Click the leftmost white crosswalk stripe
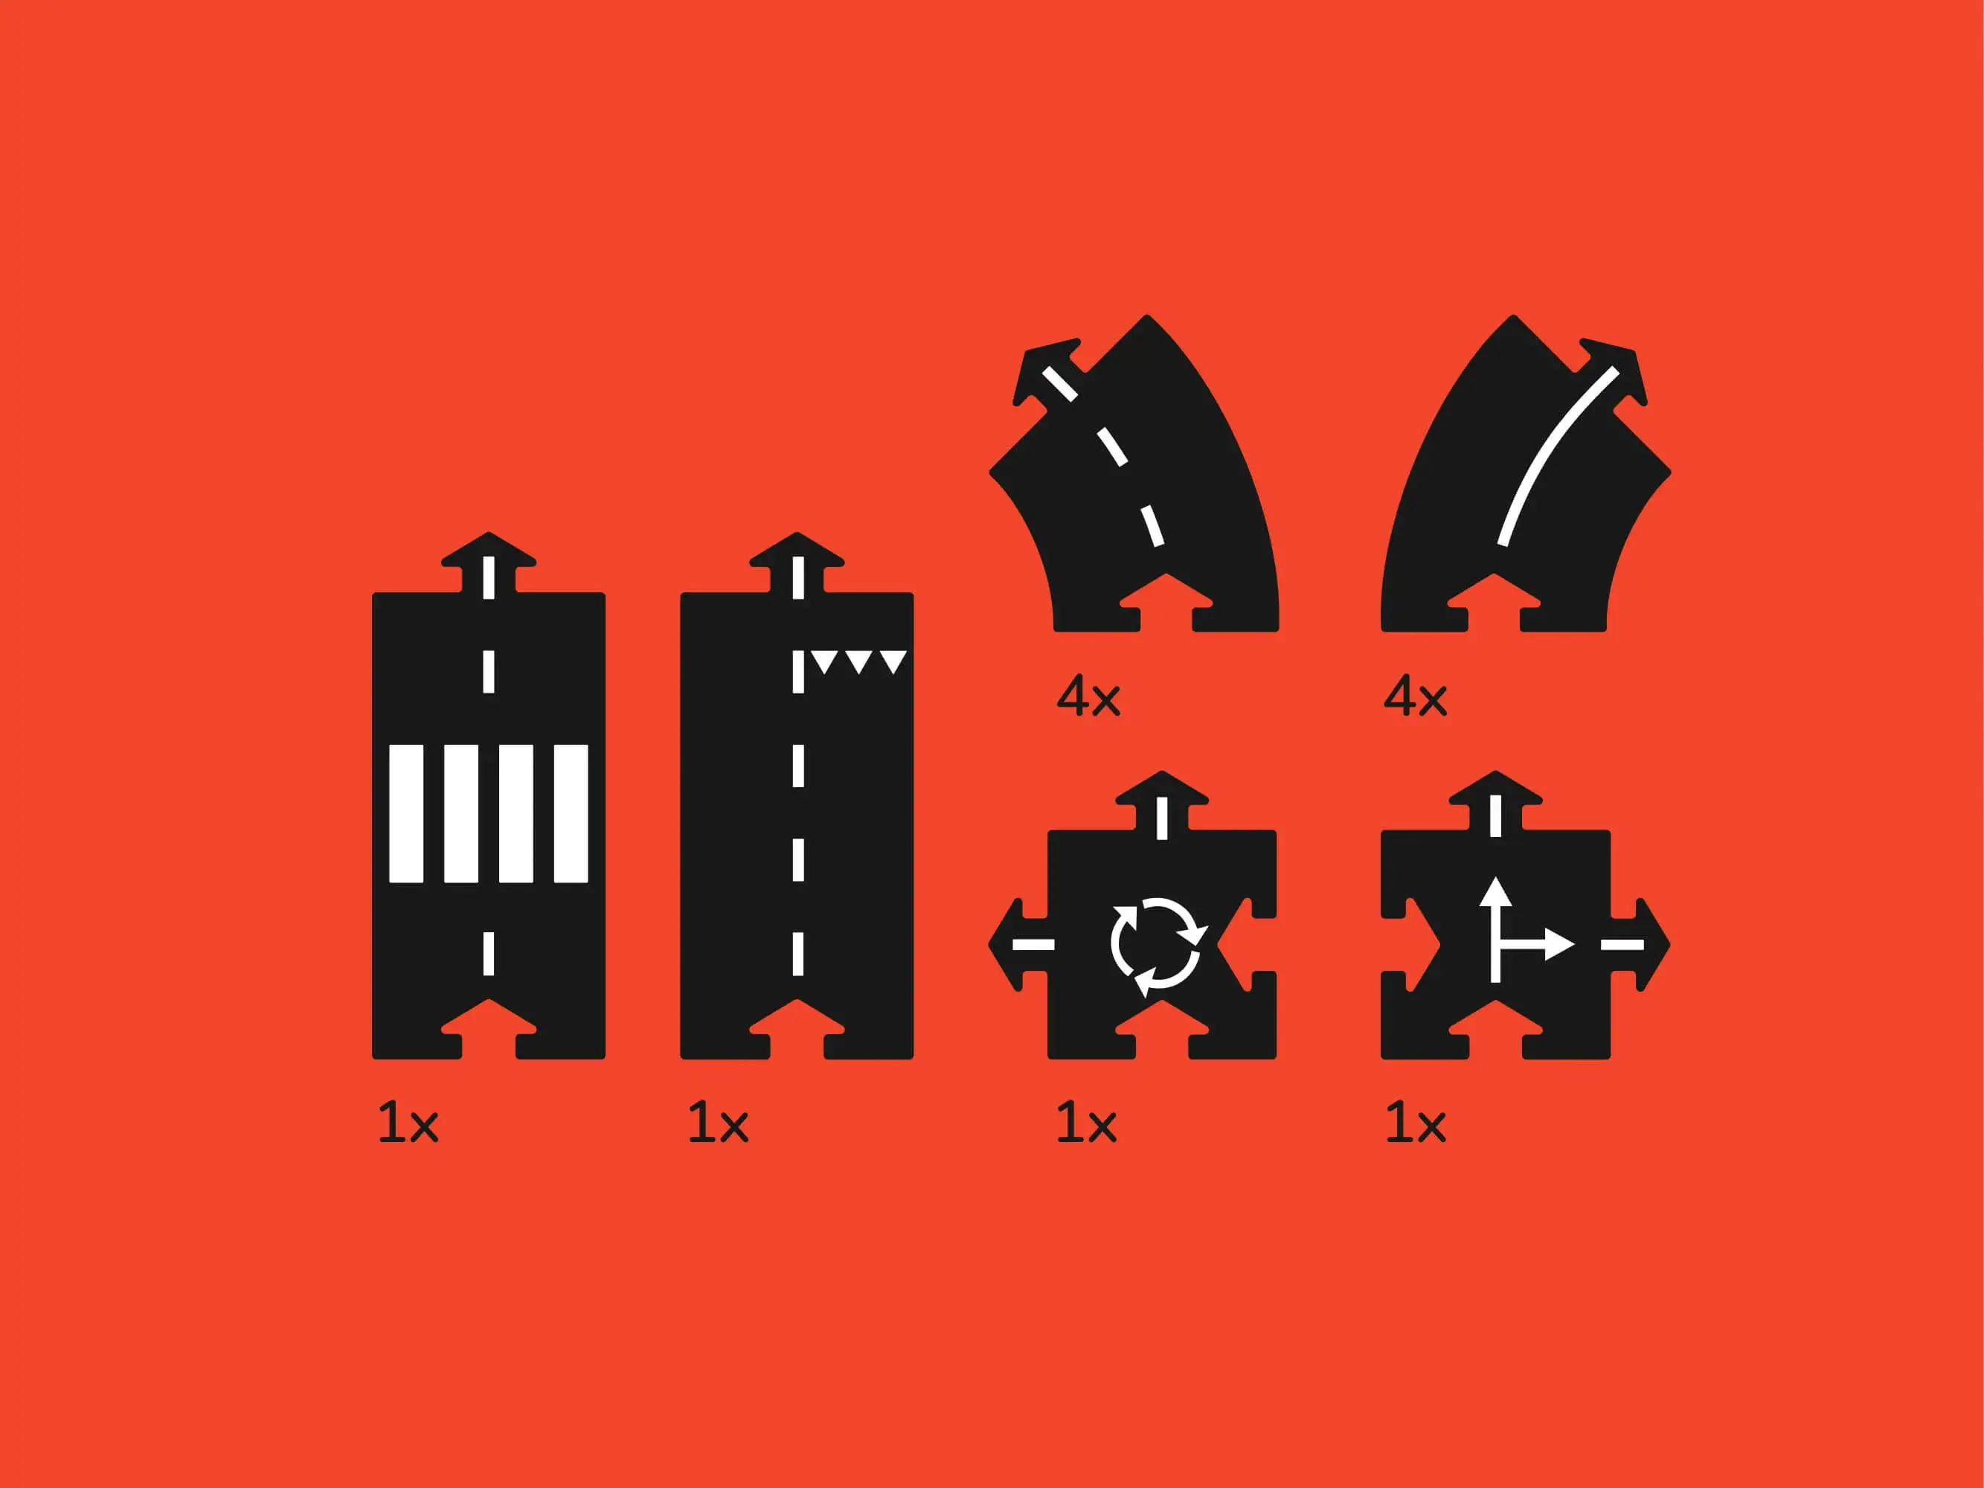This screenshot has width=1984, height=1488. coord(406,813)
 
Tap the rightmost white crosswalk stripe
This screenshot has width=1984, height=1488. coord(571,813)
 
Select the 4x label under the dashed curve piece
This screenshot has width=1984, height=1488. coord(1088,696)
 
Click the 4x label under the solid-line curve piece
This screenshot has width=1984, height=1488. coord(1416,696)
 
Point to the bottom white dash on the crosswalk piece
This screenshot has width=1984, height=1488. coord(489,953)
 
